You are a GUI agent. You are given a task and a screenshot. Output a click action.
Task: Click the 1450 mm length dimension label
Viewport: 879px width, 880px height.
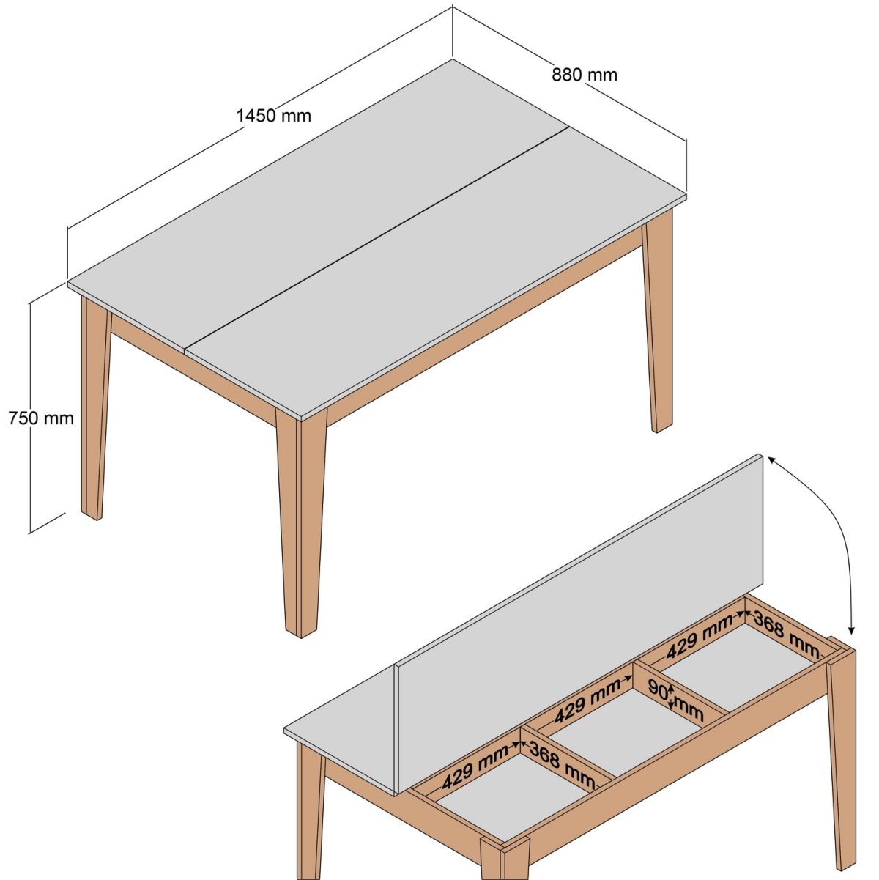(x=273, y=116)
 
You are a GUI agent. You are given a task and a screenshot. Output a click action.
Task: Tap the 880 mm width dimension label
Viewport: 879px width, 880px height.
(x=585, y=75)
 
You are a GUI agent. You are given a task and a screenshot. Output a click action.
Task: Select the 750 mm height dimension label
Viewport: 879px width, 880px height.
(x=41, y=418)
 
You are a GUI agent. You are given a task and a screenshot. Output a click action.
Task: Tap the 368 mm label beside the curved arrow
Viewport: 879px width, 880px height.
(x=787, y=635)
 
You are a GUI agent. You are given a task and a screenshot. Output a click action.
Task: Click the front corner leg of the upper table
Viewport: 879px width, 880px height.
(x=300, y=520)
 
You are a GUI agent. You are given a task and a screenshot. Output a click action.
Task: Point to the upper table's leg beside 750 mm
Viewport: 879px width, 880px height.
(x=94, y=410)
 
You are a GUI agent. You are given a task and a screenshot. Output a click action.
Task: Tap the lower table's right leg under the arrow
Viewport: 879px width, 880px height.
(x=842, y=755)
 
